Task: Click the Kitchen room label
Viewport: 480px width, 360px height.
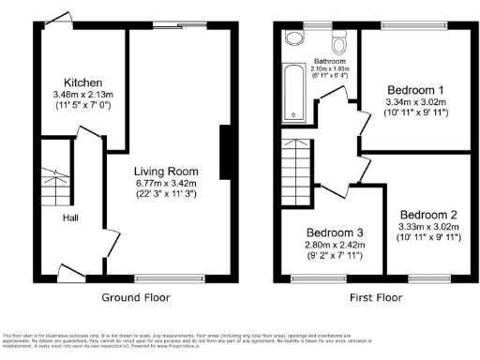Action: [82, 82]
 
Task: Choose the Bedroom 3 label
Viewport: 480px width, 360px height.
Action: [333, 232]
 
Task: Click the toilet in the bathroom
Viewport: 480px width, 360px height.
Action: [296, 37]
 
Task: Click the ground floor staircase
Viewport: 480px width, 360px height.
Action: [54, 184]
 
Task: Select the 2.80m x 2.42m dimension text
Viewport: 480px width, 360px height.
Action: [333, 245]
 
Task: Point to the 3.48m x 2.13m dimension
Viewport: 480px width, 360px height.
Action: [82, 95]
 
